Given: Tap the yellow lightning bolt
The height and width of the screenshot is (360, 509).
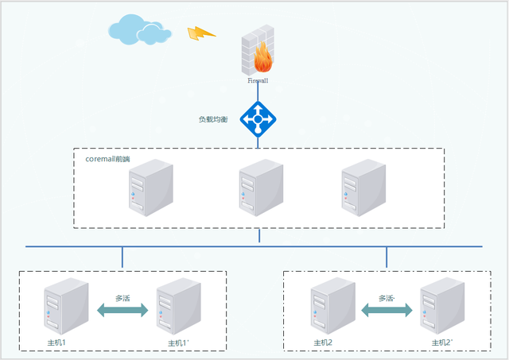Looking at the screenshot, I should [x=201, y=33].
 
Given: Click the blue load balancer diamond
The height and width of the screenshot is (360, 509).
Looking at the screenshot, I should [x=258, y=120].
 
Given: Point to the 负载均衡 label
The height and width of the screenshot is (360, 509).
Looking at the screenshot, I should [x=213, y=119].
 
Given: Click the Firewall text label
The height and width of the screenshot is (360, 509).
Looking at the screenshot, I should [x=258, y=81].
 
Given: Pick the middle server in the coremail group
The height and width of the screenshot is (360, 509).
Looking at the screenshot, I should [x=259, y=188].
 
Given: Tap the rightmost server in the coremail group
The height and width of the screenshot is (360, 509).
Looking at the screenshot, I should [x=363, y=188].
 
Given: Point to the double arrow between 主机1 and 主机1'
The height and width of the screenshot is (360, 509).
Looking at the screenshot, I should [x=122, y=311].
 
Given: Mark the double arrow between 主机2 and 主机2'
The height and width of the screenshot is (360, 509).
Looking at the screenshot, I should [x=387, y=311].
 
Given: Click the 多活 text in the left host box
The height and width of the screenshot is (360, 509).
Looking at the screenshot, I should [x=122, y=298].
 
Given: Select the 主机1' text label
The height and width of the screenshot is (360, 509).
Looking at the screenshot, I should [x=178, y=343].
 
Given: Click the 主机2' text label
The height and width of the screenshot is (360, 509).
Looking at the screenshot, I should [x=442, y=343].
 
